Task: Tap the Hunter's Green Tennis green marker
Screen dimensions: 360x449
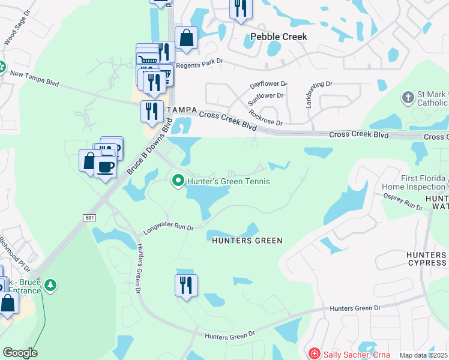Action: click(x=178, y=180)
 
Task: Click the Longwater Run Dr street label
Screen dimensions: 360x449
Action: click(x=169, y=228)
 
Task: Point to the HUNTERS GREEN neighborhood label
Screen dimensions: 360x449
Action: click(x=247, y=241)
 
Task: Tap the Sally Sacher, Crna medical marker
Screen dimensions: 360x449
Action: click(x=313, y=354)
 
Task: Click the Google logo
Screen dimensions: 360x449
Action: click(x=20, y=353)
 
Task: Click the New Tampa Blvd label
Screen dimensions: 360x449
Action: click(x=34, y=79)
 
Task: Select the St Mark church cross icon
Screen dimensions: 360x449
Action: click(x=408, y=97)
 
